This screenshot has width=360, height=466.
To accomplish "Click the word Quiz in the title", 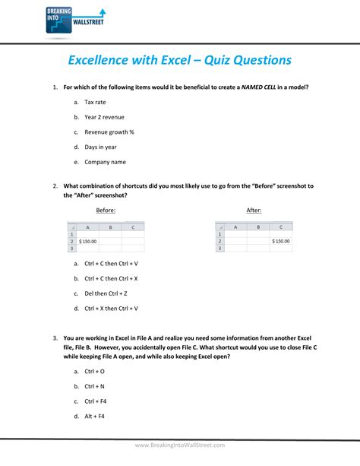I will (199, 59).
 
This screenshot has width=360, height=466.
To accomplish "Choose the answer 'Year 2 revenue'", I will (104, 117).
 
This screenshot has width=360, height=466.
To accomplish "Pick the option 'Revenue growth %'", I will (109, 132).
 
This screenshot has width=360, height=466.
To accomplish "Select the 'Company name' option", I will (105, 162).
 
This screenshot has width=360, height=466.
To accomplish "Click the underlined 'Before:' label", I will (105, 210).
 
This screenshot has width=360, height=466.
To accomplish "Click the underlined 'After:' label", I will (254, 210).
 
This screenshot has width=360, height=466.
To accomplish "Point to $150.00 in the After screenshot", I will (280, 241).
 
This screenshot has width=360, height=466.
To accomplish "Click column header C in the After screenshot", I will (281, 227).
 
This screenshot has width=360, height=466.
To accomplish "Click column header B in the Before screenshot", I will (111, 227).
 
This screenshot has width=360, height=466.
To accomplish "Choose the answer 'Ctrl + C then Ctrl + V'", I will (111, 263).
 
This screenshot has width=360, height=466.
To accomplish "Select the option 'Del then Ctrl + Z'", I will (106, 293).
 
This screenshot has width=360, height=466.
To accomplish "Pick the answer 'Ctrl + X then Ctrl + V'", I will (111, 309).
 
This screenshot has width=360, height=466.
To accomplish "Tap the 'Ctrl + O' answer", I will (94, 371).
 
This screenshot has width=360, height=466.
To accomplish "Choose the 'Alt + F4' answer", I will (94, 417).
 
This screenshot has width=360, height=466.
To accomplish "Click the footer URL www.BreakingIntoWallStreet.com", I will (180, 445).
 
